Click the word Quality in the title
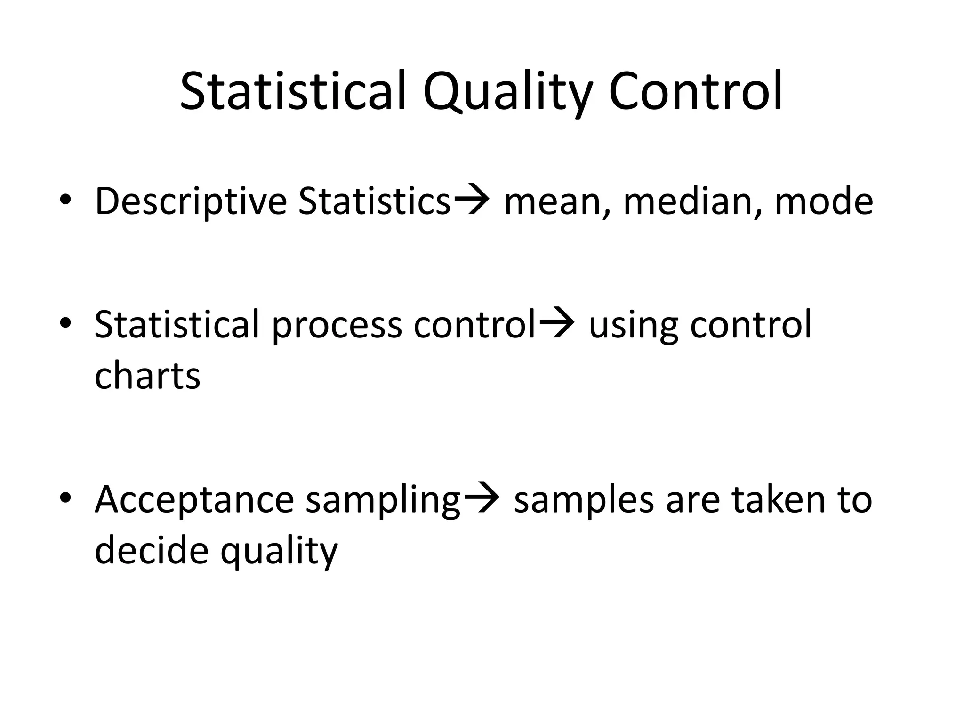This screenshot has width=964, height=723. (507, 92)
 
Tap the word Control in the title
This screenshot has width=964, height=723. (696, 91)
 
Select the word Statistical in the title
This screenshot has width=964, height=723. (292, 91)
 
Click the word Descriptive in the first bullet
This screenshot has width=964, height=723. (191, 201)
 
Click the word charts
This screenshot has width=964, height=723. (147, 376)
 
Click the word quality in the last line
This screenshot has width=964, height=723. (279, 552)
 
